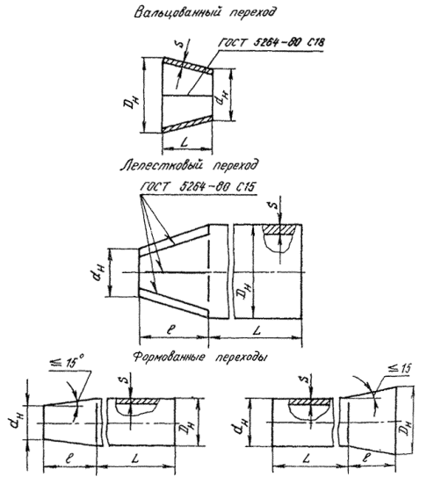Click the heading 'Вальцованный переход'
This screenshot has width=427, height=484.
coord(205,12)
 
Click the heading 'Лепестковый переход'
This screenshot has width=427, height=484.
coord(188,165)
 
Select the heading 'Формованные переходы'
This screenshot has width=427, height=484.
coord(200,358)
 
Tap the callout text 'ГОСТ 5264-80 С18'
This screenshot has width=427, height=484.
coord(271,42)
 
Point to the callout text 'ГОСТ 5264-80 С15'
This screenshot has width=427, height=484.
coord(199,187)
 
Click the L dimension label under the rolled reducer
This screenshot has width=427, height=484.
coord(185,142)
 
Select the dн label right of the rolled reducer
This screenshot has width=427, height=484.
coord(222,98)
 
